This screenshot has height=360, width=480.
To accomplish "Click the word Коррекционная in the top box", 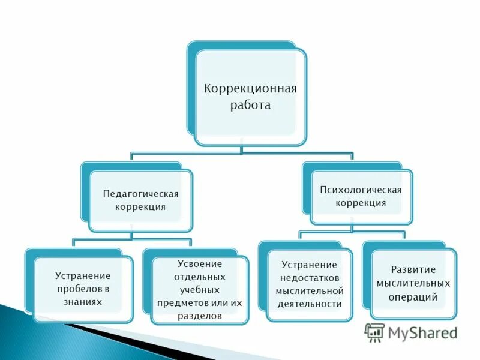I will [251, 89].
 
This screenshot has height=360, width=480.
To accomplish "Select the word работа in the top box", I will [251, 105].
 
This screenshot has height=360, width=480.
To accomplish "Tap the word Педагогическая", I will [141, 194].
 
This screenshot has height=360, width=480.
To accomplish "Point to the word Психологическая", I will [361, 190].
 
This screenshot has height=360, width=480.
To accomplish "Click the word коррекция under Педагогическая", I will [140, 207].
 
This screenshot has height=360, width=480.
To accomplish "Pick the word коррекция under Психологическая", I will [361, 203].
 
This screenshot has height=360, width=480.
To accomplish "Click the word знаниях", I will [83, 302].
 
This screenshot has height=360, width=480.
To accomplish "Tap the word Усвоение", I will [199, 263].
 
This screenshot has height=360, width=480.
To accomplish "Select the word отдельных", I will [199, 277].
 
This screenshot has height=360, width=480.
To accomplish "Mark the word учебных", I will [199, 290].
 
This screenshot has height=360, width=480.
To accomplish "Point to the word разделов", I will [199, 316].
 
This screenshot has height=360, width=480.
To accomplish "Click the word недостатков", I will [309, 277].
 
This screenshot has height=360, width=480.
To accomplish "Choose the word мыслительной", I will [309, 290].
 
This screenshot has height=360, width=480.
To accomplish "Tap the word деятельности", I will [309, 304].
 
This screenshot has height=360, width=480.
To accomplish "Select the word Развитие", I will [413, 269].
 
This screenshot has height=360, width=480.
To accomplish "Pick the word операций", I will [413, 296].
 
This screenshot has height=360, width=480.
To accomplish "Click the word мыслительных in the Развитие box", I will [413, 283].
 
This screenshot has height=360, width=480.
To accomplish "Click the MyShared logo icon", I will [374, 332].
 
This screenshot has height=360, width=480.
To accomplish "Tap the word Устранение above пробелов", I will [83, 276].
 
